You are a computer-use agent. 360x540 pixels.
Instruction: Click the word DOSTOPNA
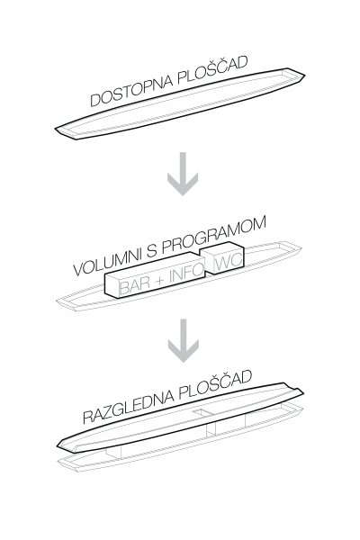(x=130, y=89)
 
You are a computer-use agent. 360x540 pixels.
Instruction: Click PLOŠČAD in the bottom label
(x=215, y=385)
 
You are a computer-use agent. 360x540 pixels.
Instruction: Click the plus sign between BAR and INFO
(x=159, y=281)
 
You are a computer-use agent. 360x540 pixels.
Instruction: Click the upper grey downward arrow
(x=183, y=174)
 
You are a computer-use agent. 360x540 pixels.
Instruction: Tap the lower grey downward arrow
(x=183, y=340)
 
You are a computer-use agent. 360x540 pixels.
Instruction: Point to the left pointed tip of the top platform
(x=55, y=129)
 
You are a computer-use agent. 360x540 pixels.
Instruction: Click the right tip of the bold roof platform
(x=304, y=391)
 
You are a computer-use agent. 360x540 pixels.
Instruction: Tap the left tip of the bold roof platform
(x=57, y=446)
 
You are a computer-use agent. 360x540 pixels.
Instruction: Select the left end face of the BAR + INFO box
(x=112, y=285)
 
